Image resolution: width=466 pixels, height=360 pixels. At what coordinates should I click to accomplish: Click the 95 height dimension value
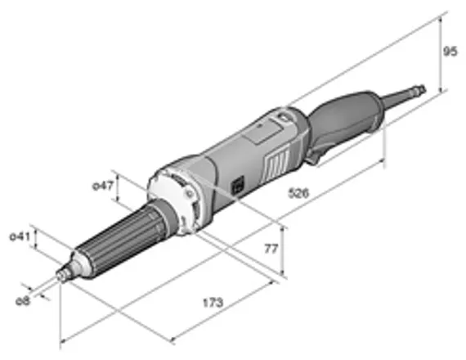[x=449, y=52]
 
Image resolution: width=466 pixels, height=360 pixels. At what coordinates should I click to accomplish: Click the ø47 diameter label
[x=101, y=187]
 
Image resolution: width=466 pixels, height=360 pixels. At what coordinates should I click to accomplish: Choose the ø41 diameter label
[x=20, y=237]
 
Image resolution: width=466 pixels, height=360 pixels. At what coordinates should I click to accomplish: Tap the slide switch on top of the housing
[x=283, y=119]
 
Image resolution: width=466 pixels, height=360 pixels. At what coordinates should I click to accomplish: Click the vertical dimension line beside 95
[x=441, y=52]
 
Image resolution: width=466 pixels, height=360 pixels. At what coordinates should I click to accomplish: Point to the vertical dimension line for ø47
[x=119, y=189]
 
